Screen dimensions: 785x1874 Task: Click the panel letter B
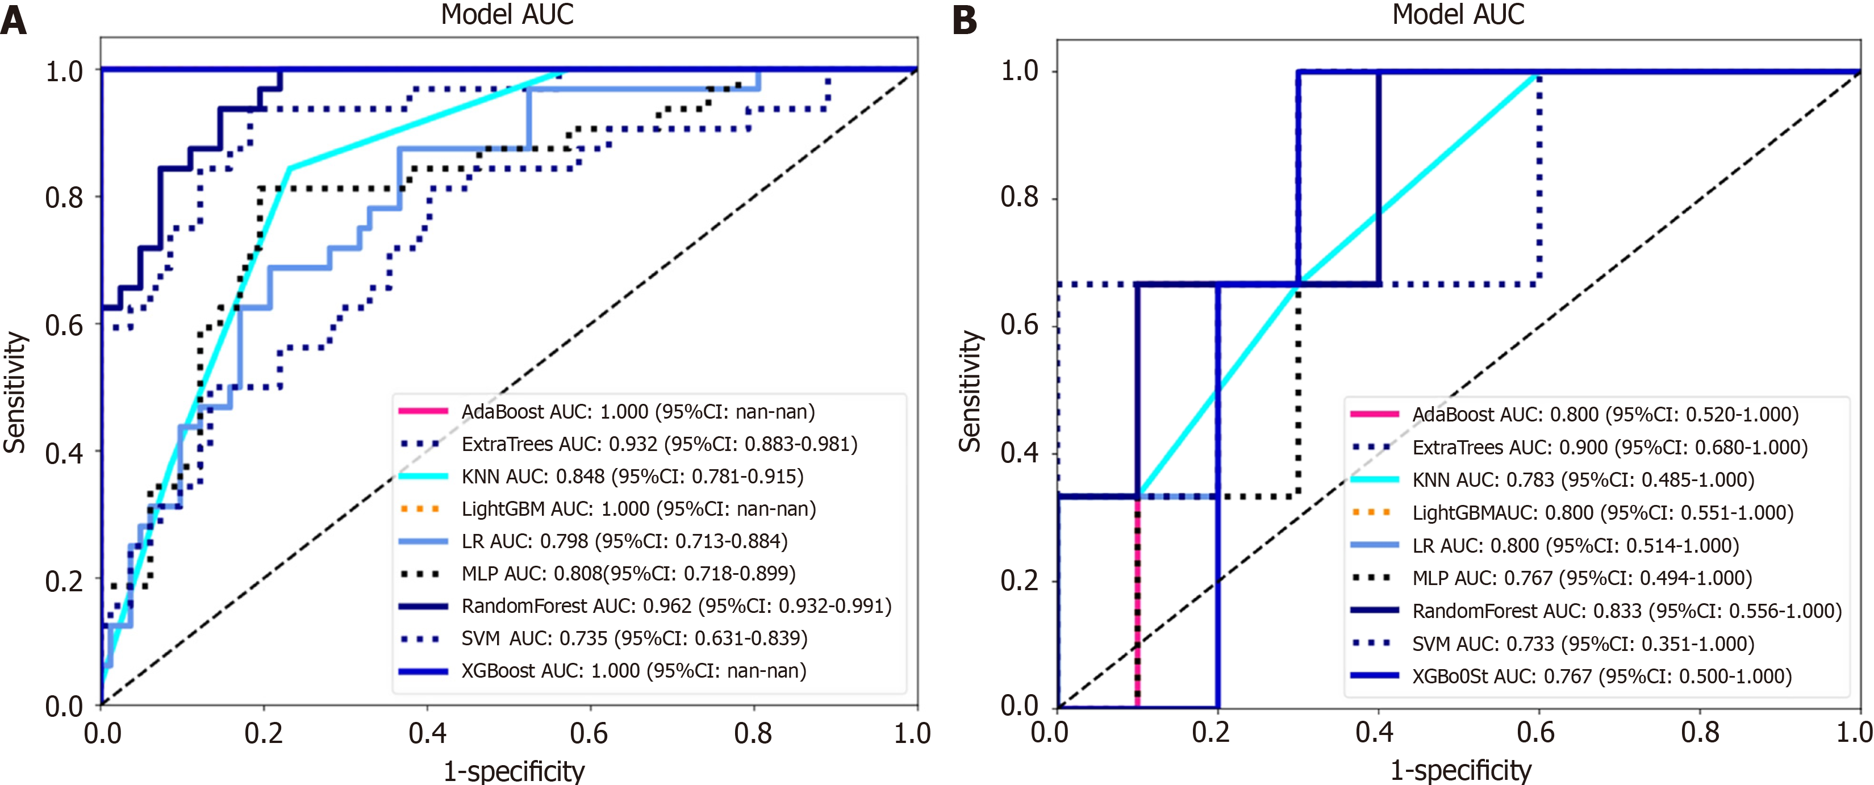click(965, 20)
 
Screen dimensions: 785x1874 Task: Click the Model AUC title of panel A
click(507, 15)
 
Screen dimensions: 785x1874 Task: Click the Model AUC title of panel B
click(1458, 15)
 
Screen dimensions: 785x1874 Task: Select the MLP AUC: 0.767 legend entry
click(1581, 578)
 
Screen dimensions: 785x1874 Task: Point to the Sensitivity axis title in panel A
click(15, 393)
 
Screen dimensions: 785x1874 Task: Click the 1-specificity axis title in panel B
click(1461, 770)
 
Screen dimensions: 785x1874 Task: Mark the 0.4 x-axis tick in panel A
click(427, 733)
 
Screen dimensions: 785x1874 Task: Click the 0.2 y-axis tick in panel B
click(1019, 581)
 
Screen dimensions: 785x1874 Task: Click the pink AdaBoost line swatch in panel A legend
click(423, 412)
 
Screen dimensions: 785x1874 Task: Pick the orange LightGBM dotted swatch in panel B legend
click(1374, 512)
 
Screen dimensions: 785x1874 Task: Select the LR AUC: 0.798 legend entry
click(624, 541)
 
